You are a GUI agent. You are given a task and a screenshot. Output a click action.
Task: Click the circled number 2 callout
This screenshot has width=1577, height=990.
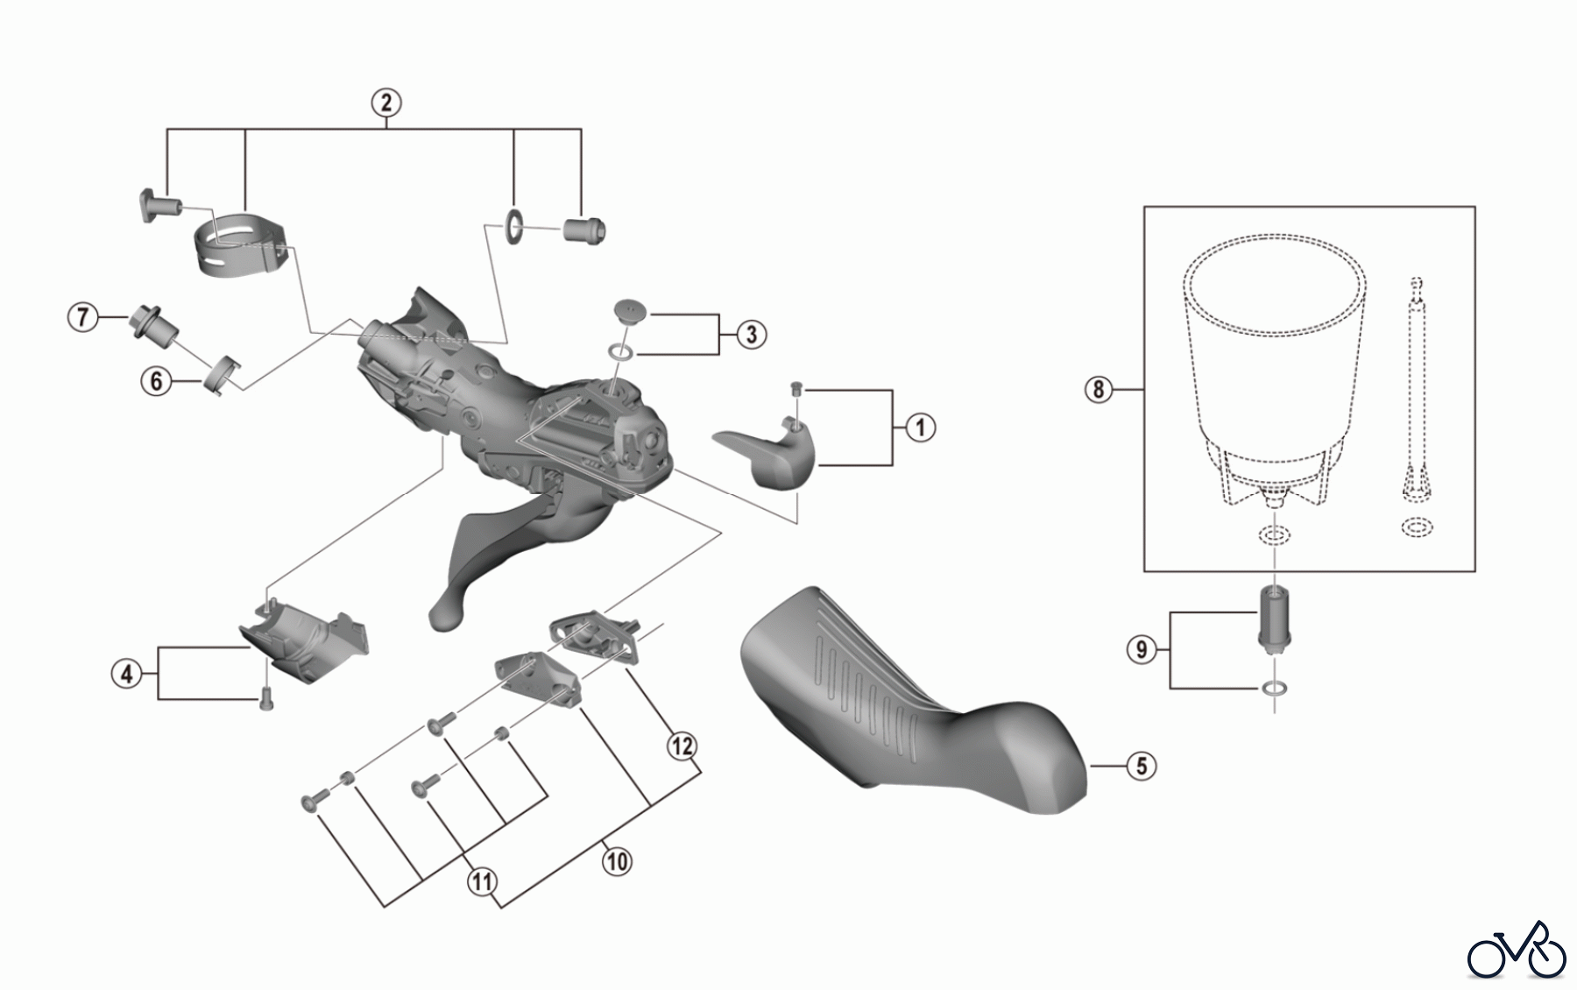click(x=386, y=103)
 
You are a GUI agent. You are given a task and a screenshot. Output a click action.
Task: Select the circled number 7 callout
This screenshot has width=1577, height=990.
click(x=82, y=316)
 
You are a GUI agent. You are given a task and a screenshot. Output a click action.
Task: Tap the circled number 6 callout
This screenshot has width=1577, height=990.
click(x=156, y=380)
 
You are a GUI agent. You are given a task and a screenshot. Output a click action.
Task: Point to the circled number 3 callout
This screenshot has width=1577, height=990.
click(x=751, y=334)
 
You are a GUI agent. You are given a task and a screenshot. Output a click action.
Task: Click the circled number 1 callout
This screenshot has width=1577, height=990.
click(x=920, y=428)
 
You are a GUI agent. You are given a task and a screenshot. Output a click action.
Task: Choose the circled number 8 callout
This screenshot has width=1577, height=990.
click(x=1099, y=388)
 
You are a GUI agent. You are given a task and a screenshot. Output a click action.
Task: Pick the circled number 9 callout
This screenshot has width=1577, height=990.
click(x=1141, y=649)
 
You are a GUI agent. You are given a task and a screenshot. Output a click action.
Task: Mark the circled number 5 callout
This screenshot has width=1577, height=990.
click(x=1141, y=765)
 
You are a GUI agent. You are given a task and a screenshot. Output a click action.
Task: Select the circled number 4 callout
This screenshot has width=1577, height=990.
click(x=127, y=674)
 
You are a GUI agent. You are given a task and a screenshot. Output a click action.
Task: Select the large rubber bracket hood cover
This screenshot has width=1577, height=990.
click(x=902, y=710)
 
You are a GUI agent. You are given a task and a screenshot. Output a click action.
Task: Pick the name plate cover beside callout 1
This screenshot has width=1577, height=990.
click(x=771, y=451)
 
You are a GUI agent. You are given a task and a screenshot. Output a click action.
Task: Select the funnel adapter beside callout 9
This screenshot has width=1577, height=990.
click(x=1275, y=619)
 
